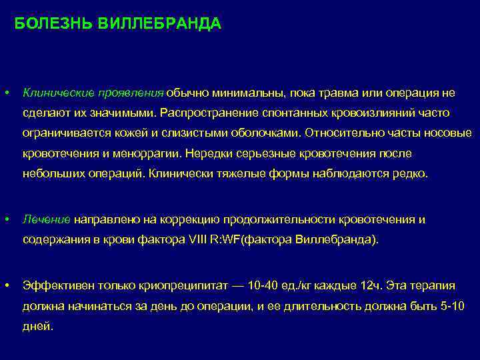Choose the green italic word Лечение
(x=47, y=219)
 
